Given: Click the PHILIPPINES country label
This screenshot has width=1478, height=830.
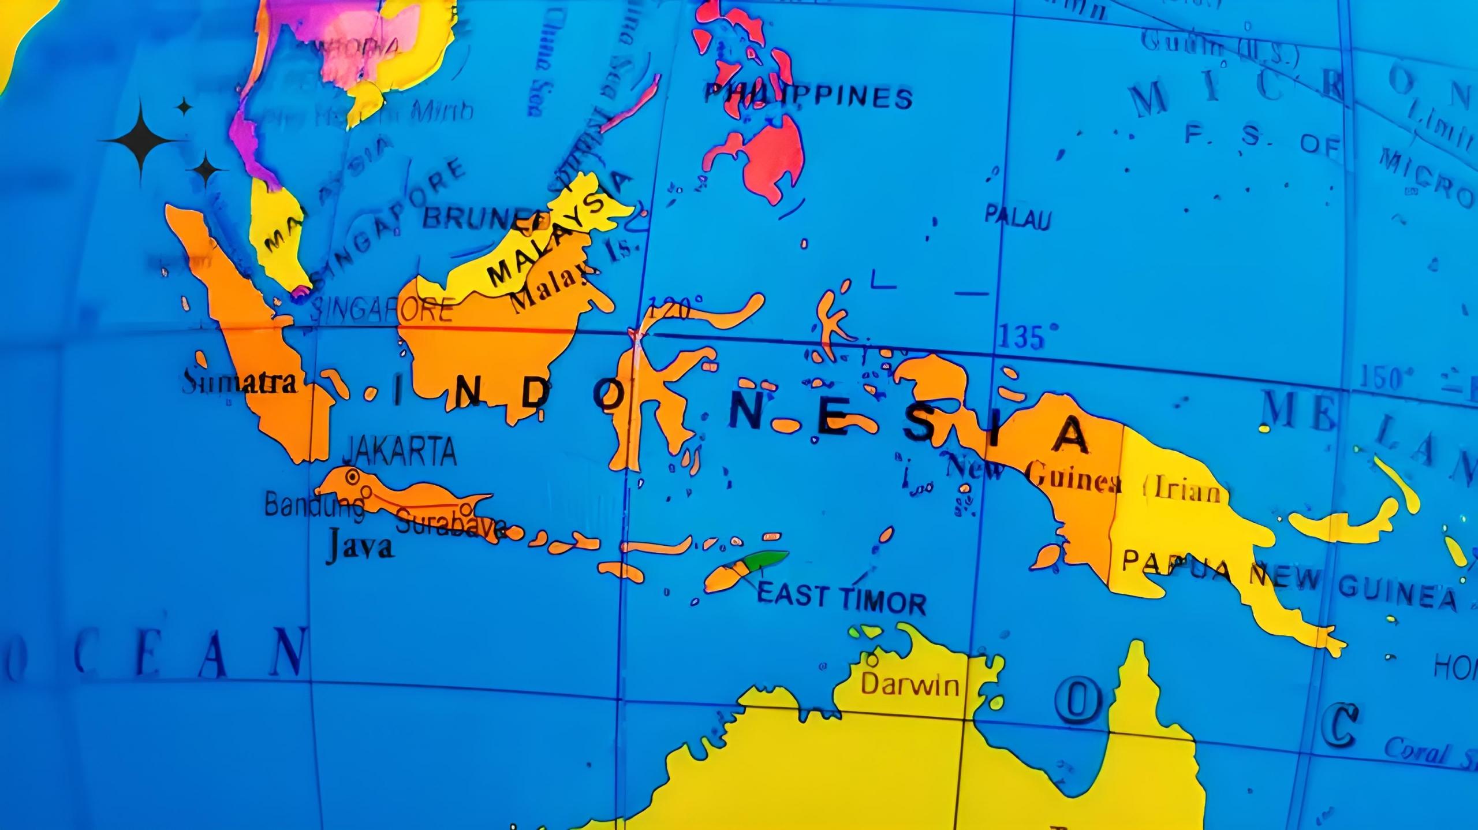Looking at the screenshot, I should point(808,96).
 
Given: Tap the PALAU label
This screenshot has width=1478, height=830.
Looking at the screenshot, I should point(1017,218).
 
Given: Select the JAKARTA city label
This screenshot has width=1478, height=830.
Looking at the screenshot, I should point(400,452).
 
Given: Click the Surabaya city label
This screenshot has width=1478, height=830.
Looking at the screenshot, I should point(450,526).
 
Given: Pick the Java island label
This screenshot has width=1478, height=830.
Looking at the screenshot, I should point(359,546).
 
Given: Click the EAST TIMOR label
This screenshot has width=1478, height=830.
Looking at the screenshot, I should point(841,599).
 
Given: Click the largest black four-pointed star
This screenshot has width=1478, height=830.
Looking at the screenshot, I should point(142,140).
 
